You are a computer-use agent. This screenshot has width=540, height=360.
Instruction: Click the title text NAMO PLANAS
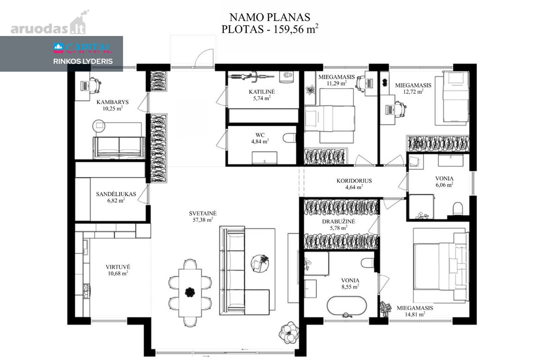pyautogui.click(x=270, y=18)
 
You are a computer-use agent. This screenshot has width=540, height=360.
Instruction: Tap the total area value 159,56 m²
pyautogui.click(x=296, y=29)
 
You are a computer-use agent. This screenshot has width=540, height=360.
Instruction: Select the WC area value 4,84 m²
pyautogui.click(x=260, y=141)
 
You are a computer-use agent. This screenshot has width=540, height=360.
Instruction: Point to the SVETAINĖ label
pyautogui.click(x=203, y=213)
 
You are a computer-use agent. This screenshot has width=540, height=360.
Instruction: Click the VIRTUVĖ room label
pyautogui.click(x=118, y=267)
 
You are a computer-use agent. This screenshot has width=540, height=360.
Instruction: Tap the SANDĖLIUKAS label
pyautogui.click(x=116, y=194)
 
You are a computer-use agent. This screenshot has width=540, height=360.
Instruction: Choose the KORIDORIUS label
pyautogui.click(x=354, y=180)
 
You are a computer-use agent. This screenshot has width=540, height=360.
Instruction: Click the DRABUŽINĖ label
pyautogui.click(x=338, y=221)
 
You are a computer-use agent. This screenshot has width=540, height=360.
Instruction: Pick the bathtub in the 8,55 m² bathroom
pyautogui.click(x=346, y=306)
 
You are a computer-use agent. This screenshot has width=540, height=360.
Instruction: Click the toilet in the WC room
pyautogui.click(x=289, y=138)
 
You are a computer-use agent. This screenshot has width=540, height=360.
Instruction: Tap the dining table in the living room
pyautogui.click(x=190, y=293)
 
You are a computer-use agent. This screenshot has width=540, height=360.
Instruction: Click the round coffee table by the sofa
pyautogui.click(x=260, y=264)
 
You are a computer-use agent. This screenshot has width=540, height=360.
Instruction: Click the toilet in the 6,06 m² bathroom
pyautogui.click(x=458, y=209)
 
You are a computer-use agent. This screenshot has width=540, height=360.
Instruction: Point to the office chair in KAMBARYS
pyautogui.click(x=95, y=85)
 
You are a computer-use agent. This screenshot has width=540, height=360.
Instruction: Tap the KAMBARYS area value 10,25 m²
pyautogui.click(x=112, y=108)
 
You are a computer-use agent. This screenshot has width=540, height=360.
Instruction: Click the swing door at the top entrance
pyautogui.click(x=204, y=58)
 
